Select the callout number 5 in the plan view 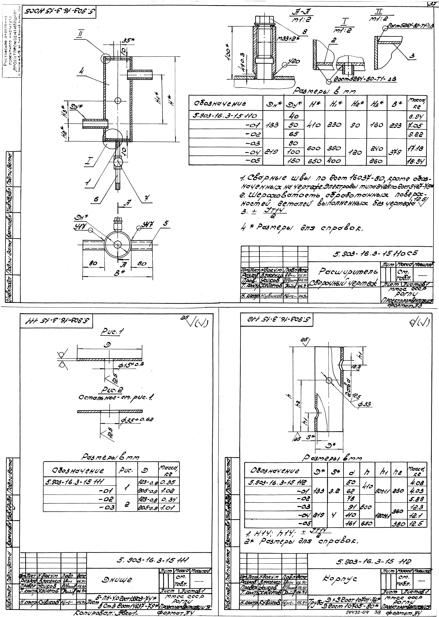click(165, 224)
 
